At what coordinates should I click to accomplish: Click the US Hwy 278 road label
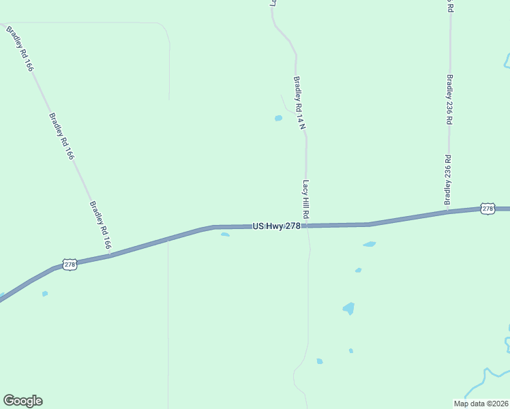point(277,226)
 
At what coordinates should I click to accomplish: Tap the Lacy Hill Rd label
point(306,199)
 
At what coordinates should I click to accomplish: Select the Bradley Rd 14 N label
point(299,102)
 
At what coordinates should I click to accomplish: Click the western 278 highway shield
point(69,264)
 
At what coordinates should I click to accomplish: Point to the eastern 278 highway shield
point(487,209)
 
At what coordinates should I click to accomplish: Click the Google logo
point(22,401)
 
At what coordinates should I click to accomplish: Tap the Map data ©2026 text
point(480,404)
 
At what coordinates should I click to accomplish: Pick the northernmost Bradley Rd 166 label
point(20,49)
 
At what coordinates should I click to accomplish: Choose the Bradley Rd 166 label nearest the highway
point(101,224)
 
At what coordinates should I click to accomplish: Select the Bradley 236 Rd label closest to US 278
point(448,180)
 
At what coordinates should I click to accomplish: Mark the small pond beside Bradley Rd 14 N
point(278,118)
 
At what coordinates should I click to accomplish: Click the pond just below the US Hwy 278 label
point(225,234)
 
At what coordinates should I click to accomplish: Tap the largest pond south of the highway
point(349,308)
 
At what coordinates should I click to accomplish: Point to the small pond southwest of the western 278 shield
point(45,294)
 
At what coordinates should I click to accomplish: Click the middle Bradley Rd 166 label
point(61,136)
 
